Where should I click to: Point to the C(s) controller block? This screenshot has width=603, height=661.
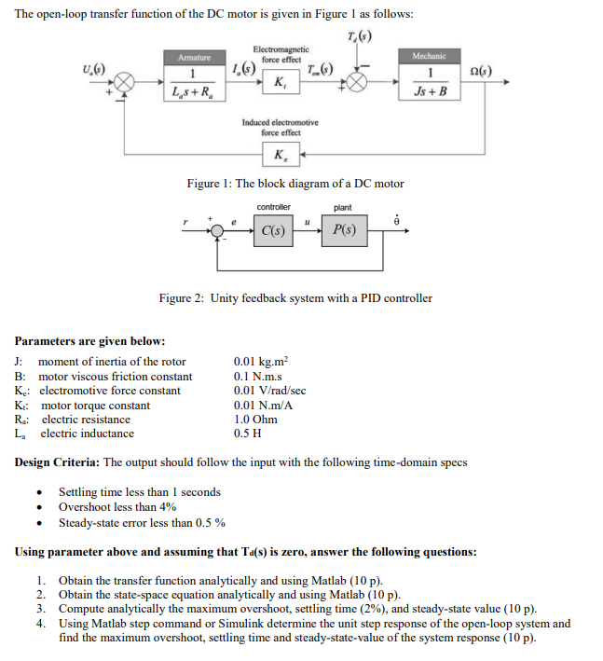tap(272, 229)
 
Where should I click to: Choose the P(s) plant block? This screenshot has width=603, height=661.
tap(342, 229)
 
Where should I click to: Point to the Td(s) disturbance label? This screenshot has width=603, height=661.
tap(358, 36)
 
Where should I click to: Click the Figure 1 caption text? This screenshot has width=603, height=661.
tap(295, 184)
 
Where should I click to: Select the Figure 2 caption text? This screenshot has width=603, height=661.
tap(295, 298)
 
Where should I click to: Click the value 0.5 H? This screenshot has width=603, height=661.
tap(246, 434)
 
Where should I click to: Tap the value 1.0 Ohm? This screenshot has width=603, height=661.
tap(254, 420)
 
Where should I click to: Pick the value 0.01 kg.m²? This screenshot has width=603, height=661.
tap(261, 362)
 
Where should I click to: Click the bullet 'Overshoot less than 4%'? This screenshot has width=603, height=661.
tap(117, 507)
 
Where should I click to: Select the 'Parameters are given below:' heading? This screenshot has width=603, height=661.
tap(90, 340)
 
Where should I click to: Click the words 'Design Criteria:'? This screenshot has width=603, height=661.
tap(58, 462)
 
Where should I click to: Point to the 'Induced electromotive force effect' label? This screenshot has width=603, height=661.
tap(280, 127)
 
